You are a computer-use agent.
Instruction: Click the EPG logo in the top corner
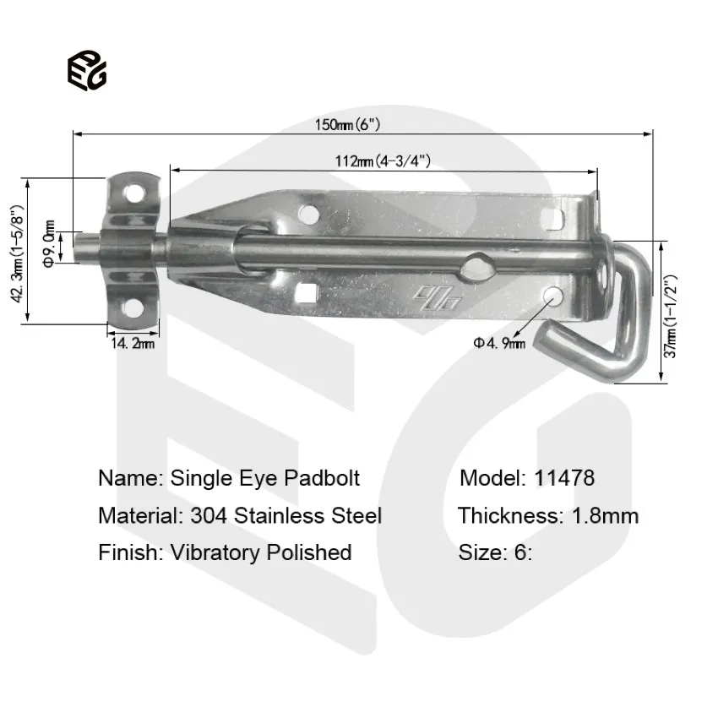87,71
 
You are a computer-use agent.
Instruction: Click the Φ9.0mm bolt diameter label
50,244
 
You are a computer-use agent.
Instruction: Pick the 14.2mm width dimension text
131,343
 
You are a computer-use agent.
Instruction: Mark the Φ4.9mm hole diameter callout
499,342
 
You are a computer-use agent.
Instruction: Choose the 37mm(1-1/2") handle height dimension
670,313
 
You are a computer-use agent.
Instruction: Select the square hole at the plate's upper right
554,219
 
